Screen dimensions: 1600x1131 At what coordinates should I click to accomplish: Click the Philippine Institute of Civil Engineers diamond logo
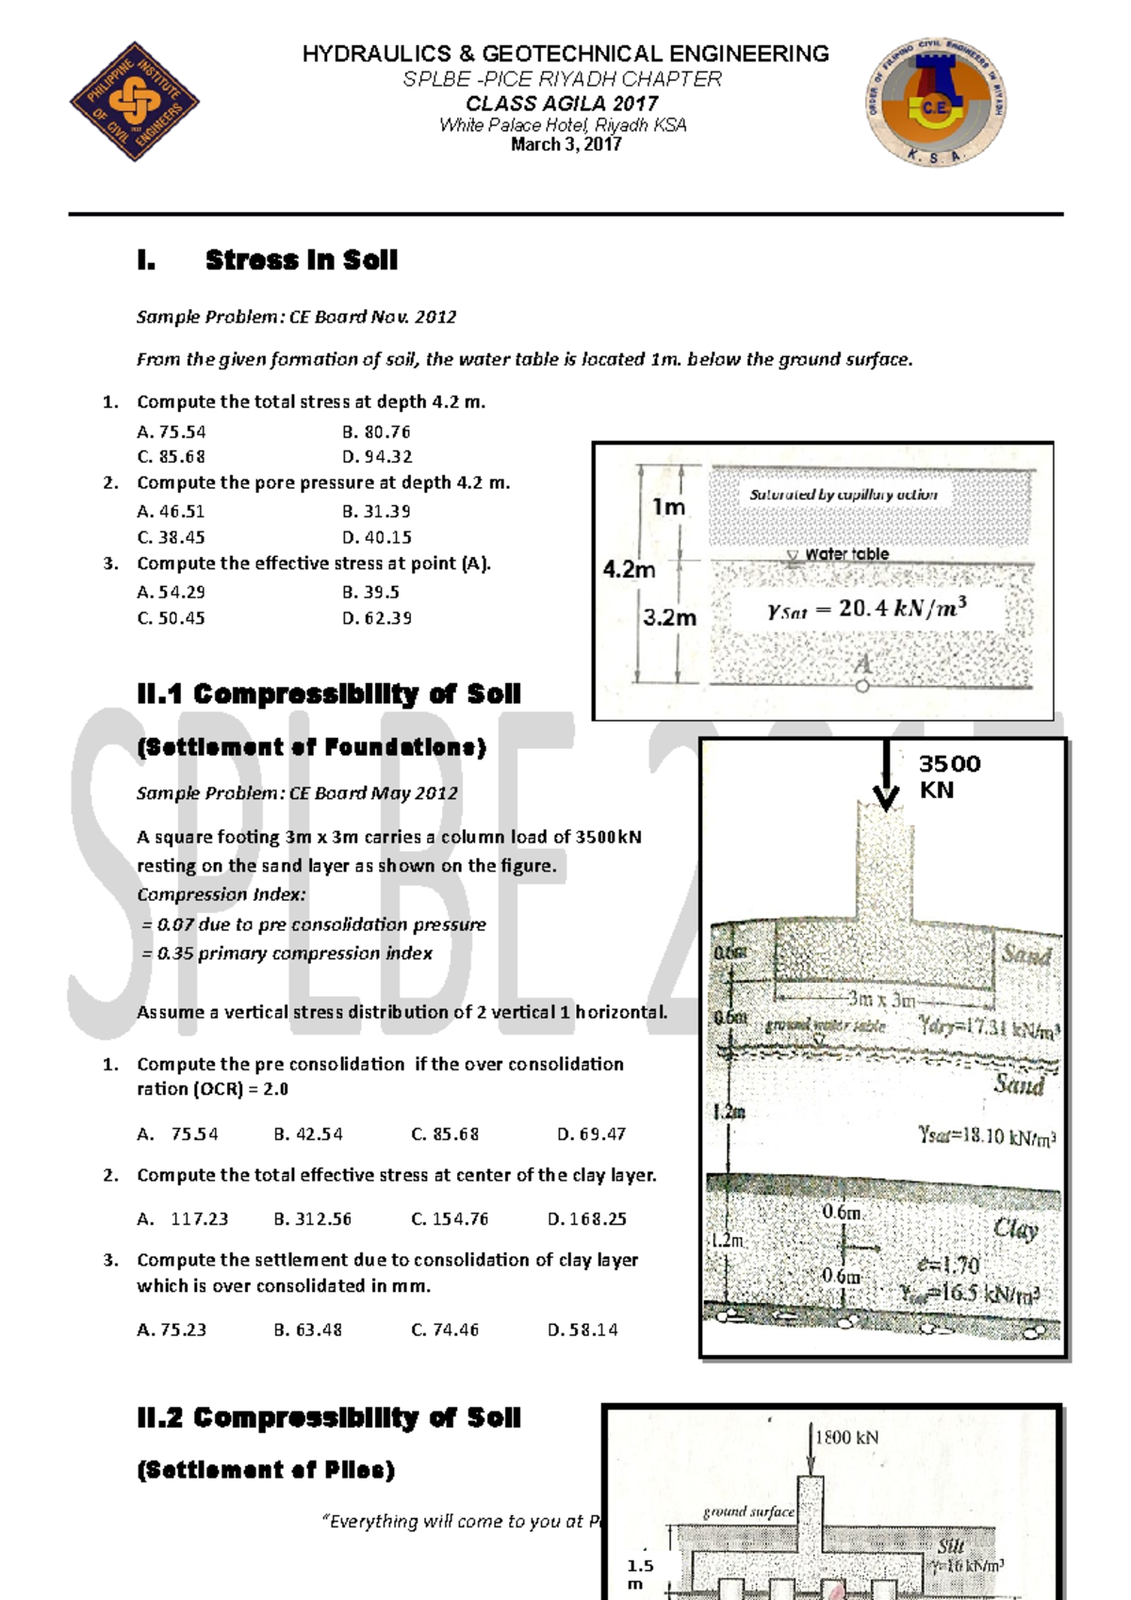point(135,101)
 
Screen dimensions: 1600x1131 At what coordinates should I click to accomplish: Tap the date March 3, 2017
point(565,144)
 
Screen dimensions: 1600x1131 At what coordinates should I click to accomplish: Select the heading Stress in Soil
point(301,260)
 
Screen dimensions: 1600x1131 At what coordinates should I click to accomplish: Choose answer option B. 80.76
point(376,432)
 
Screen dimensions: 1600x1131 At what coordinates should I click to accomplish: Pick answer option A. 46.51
point(171,512)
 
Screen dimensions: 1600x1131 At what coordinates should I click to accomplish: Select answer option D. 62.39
point(377,618)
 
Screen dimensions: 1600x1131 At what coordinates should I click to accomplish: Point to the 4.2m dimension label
point(629,569)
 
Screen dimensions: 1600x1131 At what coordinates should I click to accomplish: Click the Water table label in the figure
point(846,554)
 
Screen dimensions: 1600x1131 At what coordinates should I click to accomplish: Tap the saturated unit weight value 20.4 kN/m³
point(867,609)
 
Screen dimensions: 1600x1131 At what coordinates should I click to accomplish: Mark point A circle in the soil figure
point(862,686)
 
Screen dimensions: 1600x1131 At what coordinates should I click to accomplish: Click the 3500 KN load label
point(948,776)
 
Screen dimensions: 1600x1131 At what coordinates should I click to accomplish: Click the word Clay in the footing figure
point(1016,1228)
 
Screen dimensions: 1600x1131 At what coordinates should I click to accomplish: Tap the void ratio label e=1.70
point(948,1265)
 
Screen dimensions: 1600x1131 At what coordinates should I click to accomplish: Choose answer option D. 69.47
point(591,1134)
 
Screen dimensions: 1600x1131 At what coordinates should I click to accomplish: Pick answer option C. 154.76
point(450,1218)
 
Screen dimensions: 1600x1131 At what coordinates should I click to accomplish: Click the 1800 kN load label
point(846,1437)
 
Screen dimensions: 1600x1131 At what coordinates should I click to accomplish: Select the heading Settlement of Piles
point(266,1470)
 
